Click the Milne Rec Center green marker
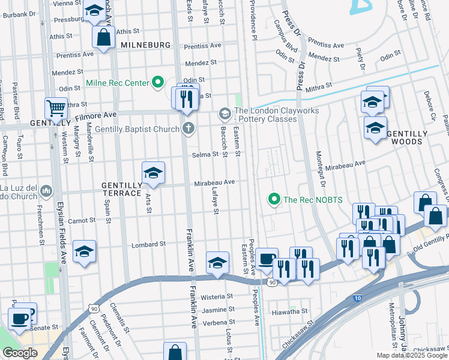158,82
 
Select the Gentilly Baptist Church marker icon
188,127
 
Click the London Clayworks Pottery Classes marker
224,113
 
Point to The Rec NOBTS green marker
274,199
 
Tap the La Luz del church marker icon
47,193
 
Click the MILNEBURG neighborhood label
145,45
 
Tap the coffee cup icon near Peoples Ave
267,259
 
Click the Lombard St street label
148,244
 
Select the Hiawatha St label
291,311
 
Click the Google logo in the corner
19,353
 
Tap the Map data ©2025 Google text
411,355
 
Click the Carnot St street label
83,220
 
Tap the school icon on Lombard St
84,252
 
